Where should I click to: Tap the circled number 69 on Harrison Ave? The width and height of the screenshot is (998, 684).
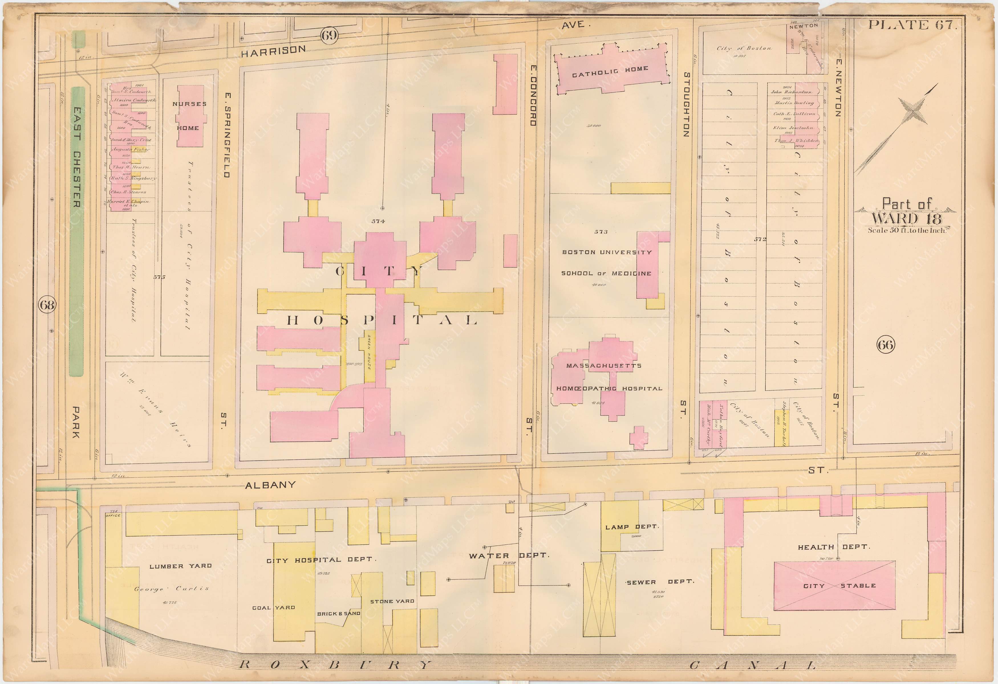329,35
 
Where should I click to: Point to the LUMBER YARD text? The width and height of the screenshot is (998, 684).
180,566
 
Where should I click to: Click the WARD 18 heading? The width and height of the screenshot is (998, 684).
906,219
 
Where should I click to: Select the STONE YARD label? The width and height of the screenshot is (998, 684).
392,601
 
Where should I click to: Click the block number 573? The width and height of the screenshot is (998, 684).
601,232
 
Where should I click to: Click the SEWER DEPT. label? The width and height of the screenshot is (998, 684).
660,582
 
